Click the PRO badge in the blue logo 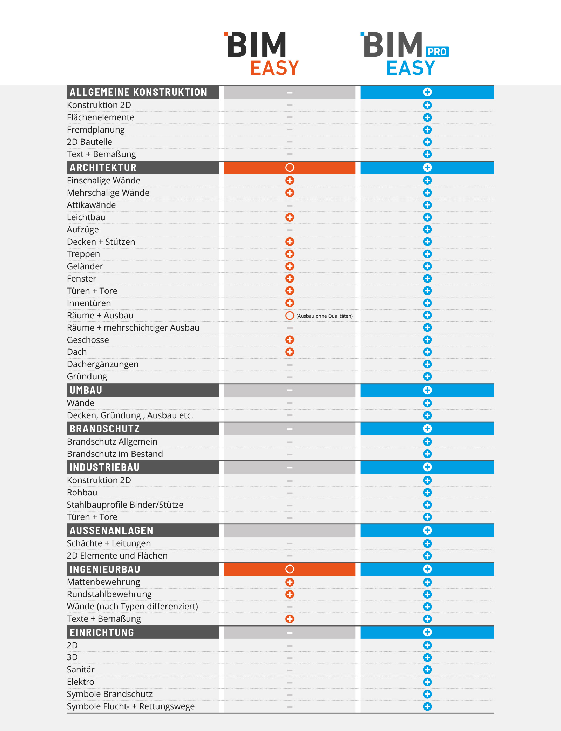[x=437, y=52]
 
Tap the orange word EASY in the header [x=275, y=68]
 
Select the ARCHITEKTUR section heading [x=103, y=168]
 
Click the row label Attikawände [x=91, y=205]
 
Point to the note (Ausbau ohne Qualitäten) [x=324, y=316]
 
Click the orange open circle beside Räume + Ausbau [x=290, y=316]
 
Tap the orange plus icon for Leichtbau [x=290, y=217]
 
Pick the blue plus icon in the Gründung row [x=427, y=377]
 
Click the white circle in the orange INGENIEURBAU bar [x=290, y=569]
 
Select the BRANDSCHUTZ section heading [x=104, y=429]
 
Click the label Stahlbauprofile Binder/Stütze [x=125, y=505]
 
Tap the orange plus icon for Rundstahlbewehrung [x=290, y=594]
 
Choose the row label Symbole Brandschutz [x=110, y=694]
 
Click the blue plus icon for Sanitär [x=427, y=670]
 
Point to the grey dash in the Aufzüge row [x=290, y=230]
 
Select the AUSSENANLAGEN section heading [x=111, y=530]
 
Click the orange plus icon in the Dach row [x=290, y=352]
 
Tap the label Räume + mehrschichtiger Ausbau [x=133, y=328]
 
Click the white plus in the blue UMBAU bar [x=427, y=390]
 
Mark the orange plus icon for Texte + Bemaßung [x=290, y=619]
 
